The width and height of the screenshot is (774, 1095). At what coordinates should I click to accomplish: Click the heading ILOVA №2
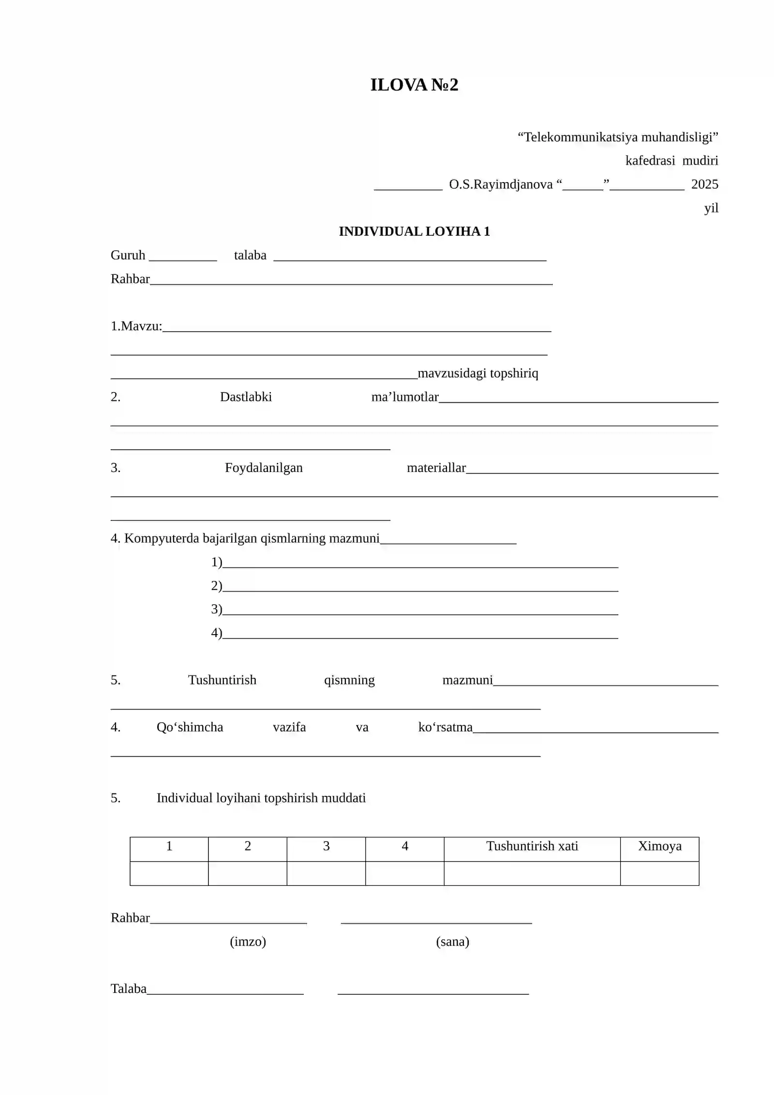coord(414,85)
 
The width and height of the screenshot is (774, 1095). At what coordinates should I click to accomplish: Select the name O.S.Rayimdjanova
coord(501,184)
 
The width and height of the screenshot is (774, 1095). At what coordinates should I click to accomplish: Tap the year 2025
coord(704,184)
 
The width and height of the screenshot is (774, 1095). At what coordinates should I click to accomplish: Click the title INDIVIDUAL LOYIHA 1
coord(414,231)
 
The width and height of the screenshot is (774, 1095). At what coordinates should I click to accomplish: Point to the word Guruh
coord(128,255)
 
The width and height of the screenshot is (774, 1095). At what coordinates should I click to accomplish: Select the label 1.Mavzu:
coord(136,326)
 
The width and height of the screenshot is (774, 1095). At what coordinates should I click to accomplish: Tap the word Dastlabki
coord(246,397)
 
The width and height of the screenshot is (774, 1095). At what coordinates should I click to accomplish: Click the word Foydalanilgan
coord(264,468)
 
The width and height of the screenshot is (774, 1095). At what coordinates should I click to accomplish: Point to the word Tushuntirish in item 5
coord(222,680)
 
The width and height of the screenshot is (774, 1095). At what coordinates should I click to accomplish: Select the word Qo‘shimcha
coord(190,727)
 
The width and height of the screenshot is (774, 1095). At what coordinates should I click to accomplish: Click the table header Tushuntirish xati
coord(532,846)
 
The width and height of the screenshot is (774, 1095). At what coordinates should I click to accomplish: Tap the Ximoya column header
coord(659,846)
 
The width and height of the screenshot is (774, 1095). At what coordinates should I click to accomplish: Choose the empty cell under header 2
coord(248,873)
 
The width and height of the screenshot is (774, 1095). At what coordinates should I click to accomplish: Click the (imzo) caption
coord(248,942)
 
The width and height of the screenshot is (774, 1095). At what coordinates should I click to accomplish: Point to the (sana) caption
coord(452,942)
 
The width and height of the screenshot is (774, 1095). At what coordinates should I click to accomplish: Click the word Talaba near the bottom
coord(129,989)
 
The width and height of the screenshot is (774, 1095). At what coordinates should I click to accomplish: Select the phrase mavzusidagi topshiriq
coord(477,373)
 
